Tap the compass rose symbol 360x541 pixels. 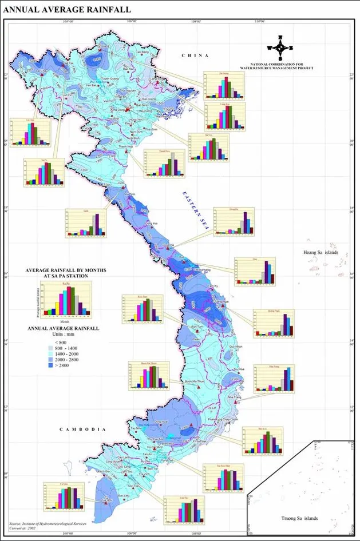click(280, 49)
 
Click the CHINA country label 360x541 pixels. click(192, 55)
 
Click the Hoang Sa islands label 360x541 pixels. click(321, 252)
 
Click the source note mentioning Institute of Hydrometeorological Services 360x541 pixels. click(49, 523)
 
